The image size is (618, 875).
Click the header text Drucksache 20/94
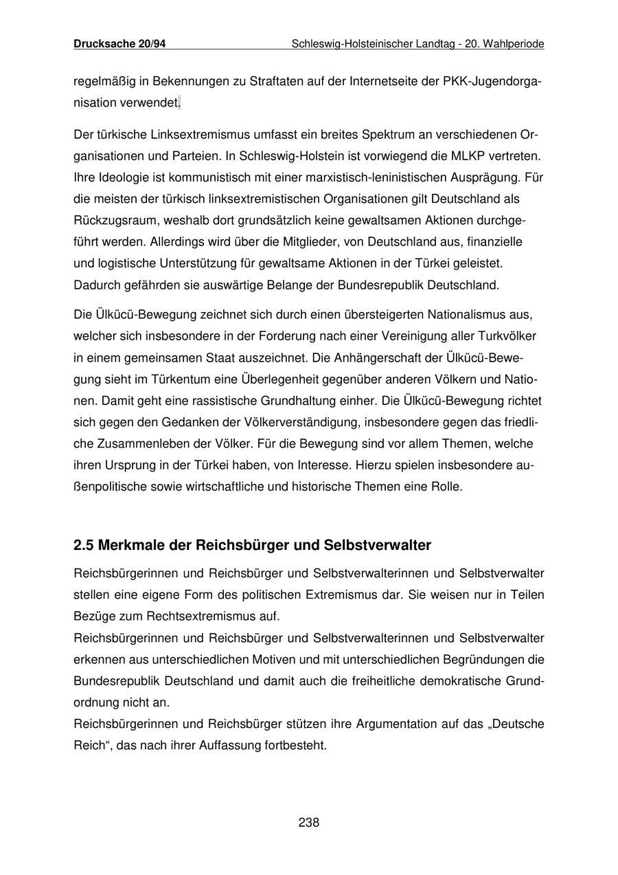[119, 44]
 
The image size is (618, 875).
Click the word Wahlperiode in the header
[514, 44]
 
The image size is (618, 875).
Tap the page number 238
[309, 822]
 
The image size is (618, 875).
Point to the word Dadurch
[95, 285]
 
